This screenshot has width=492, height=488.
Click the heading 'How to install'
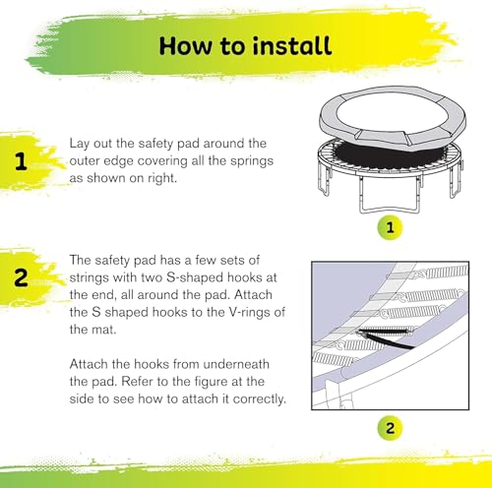point(245,45)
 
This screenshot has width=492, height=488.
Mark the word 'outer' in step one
point(88,161)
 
